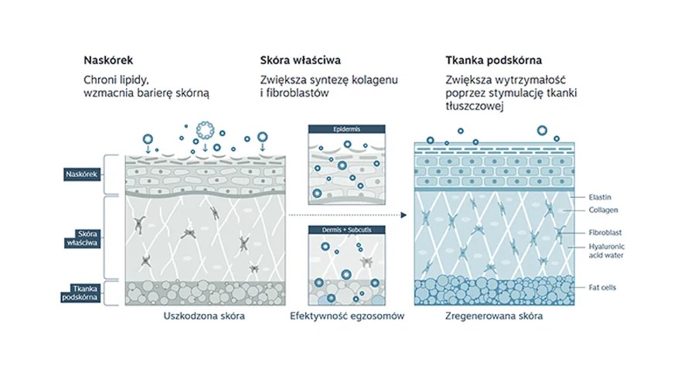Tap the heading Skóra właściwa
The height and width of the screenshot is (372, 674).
pos(301,60)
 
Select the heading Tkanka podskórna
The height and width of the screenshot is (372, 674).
pos(493,60)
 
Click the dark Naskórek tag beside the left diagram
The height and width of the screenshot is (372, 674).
pos(80,174)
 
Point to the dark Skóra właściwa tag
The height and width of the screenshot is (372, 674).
pos(80,238)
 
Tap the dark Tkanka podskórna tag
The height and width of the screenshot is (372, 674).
pos(80,293)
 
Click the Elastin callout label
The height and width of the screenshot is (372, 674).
pos(600,196)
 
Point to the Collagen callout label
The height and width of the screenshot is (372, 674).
pos(603,210)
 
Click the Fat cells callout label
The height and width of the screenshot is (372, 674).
pos(602,287)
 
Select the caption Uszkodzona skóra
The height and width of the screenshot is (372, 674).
pos(205,316)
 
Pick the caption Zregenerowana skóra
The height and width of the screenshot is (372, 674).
pos(494,316)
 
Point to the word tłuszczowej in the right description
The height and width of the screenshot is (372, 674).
pos(474,107)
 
